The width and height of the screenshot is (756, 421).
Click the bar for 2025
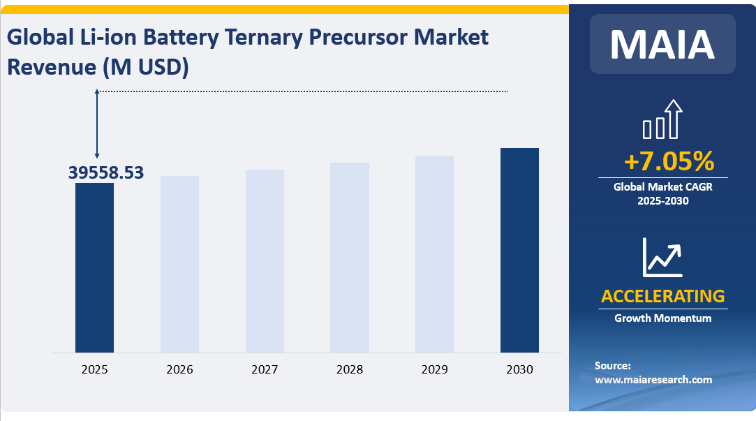(94, 267)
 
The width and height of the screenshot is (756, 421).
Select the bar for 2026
(179, 264)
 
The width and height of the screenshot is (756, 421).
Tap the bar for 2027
(265, 261)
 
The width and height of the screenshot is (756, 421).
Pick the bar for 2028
(350, 258)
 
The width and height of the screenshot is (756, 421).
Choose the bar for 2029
(434, 254)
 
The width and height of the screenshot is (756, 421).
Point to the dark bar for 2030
(519, 250)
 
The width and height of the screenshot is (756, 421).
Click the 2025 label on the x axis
(94, 369)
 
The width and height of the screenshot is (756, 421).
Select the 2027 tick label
(265, 369)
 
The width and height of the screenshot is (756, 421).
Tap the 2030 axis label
(519, 369)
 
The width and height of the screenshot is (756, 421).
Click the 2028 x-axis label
(350, 369)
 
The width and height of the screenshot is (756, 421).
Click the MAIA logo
(662, 44)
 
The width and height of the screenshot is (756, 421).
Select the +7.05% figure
(669, 162)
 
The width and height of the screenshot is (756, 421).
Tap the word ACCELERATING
(662, 296)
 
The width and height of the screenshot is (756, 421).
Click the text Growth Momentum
(662, 318)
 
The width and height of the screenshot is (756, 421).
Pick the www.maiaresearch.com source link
(653, 380)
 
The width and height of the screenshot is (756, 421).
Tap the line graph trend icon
(662, 257)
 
